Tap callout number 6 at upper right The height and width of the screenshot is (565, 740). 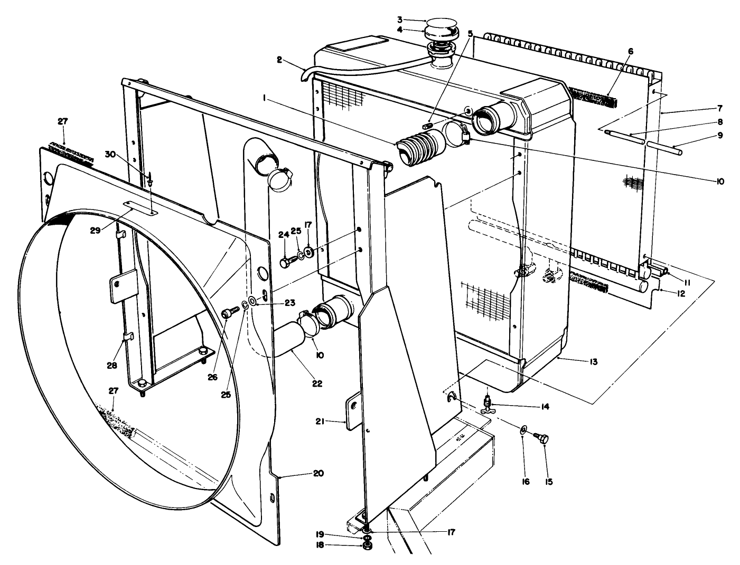630,51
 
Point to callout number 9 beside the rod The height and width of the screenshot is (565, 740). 706,135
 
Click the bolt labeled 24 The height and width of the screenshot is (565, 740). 286,261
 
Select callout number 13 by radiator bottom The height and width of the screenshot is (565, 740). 593,362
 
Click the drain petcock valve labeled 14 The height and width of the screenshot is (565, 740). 490,405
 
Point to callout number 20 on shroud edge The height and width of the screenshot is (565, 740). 317,473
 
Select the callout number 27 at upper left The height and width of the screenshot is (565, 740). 63,121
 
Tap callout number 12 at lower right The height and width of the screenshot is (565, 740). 681,293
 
